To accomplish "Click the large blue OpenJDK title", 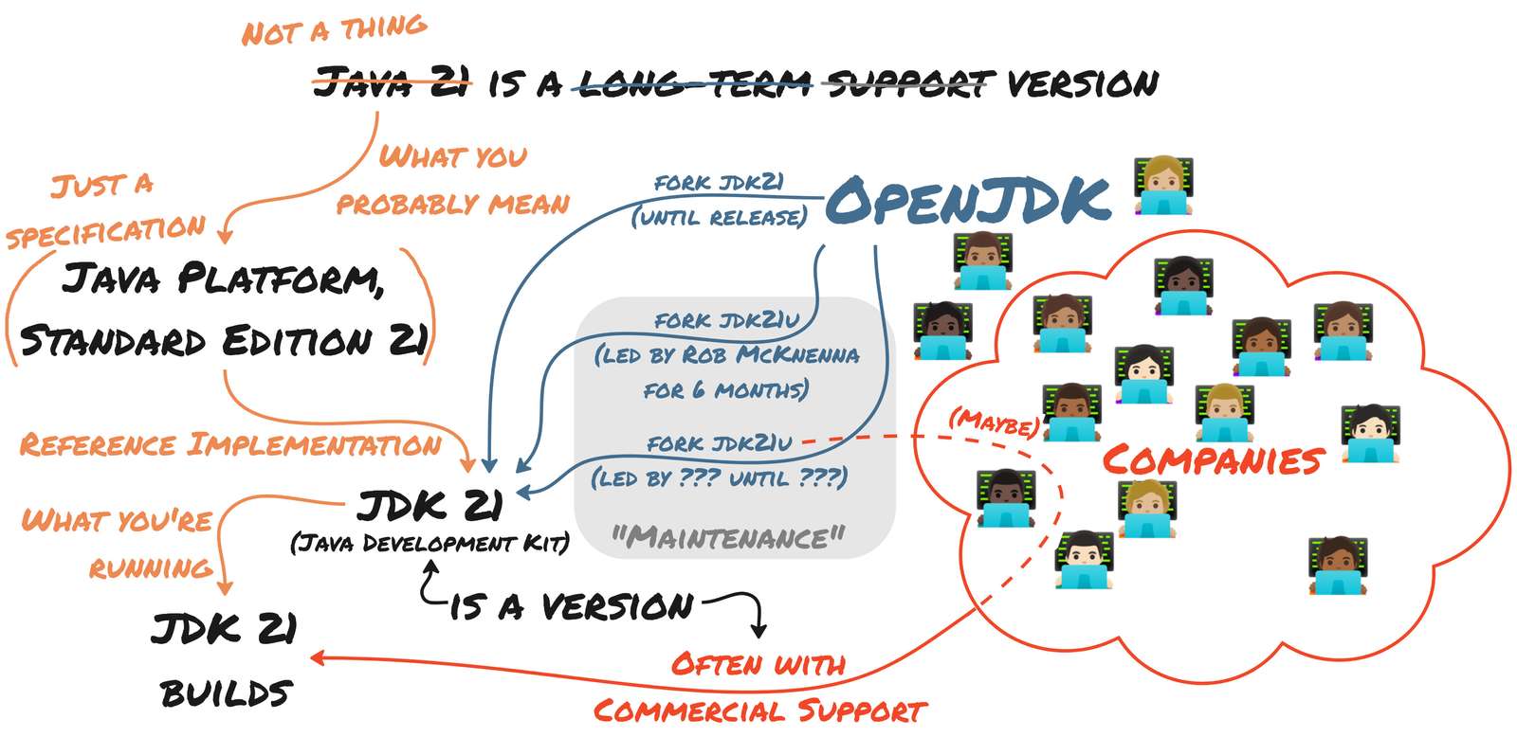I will coord(967,201).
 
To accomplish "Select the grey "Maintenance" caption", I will coord(727,538).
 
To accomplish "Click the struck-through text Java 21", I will coord(392,83).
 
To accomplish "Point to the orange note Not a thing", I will coord(334,30).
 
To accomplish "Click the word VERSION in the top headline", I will coord(1082,84).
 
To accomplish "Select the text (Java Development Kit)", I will coord(430,544).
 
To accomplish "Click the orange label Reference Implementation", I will coord(230,444).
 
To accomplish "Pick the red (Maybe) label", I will coord(994,422).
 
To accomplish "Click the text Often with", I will coord(758,664).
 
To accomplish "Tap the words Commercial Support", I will coord(759,710).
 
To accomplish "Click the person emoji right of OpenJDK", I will coord(1164,187).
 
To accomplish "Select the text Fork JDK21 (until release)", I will coord(719,200).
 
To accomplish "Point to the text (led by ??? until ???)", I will coord(719,477).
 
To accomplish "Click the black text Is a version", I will coord(572,606).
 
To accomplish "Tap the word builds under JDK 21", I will coord(226,693).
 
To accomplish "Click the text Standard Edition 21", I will coord(224,341).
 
